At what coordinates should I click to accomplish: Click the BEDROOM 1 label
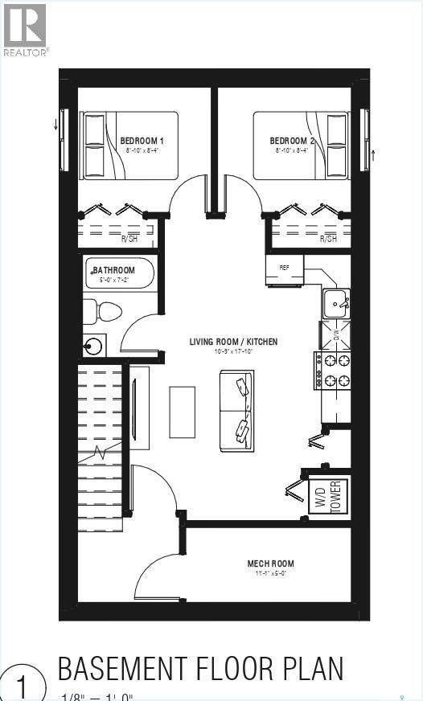[142, 141]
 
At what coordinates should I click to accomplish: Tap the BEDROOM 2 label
[292, 141]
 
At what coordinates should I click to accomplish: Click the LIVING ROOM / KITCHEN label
[233, 342]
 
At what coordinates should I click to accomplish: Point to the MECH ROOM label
[270, 564]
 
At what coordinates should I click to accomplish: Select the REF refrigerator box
[285, 269]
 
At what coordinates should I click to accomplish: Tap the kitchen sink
[335, 304]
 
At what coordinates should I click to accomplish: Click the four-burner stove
[332, 371]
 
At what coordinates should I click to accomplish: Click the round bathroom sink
[94, 346]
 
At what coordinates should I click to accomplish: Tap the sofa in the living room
[237, 410]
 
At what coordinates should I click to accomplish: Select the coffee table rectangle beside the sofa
[182, 412]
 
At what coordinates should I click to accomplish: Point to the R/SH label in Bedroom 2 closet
[327, 239]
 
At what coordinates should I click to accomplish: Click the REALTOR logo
[25, 30]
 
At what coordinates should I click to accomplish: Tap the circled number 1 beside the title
[21, 686]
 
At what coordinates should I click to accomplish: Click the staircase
[100, 442]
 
